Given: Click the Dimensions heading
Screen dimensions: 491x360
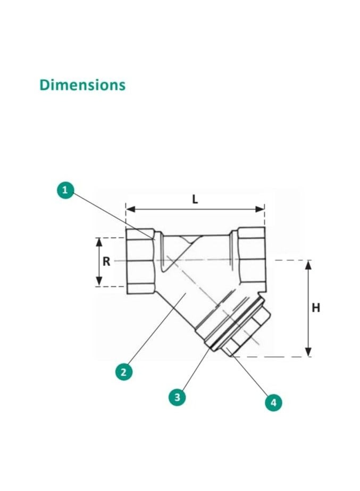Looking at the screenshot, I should (82, 85).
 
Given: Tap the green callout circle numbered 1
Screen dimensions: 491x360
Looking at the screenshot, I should (65, 190).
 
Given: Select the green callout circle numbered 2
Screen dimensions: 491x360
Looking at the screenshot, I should (123, 372).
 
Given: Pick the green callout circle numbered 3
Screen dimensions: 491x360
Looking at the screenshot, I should (178, 397).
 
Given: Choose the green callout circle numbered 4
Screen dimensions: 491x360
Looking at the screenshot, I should (273, 402).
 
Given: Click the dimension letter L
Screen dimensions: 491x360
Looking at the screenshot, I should (195, 199).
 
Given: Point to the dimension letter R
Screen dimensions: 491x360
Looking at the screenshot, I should (106, 262).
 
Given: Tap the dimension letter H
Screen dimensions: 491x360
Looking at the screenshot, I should (316, 307).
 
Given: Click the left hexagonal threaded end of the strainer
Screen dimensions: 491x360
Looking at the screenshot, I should (140, 261).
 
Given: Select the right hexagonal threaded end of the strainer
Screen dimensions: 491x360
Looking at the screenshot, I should (251, 258).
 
